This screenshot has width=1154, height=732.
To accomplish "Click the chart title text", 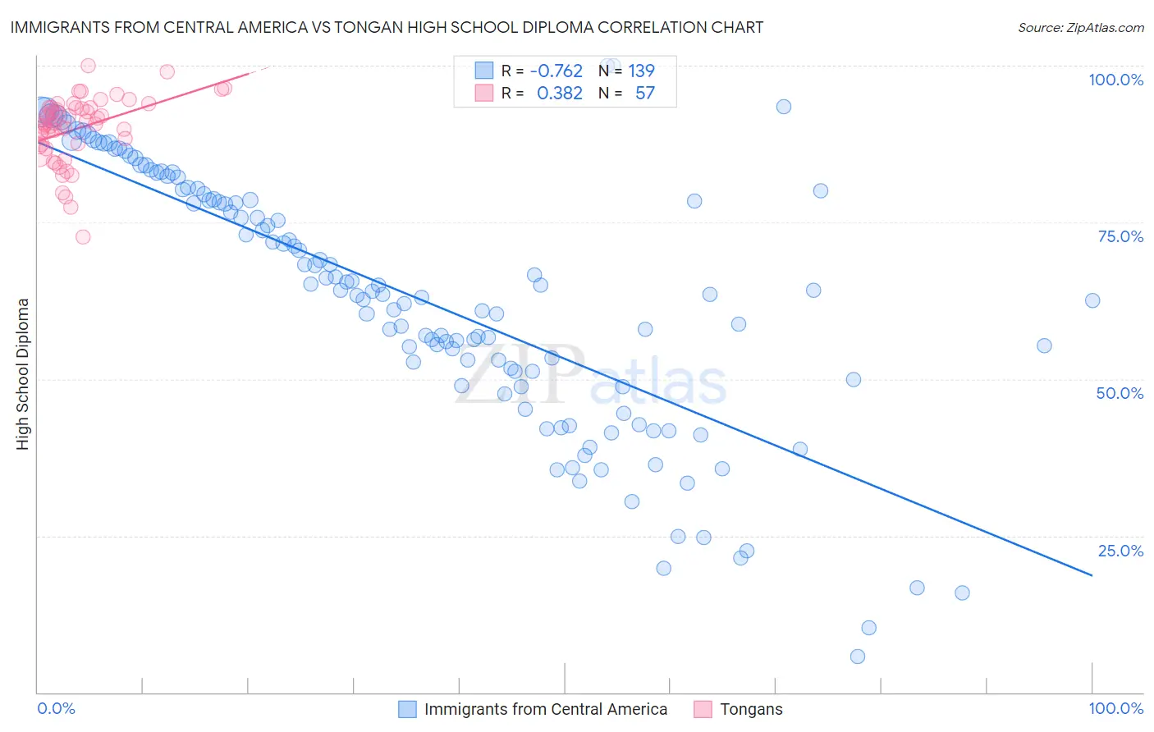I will coord(387,28).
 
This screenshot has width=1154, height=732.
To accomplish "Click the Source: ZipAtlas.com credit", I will coord(1080,28).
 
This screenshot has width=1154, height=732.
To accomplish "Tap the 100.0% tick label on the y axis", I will coord(1115,80).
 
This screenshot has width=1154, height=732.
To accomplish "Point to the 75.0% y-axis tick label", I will coord(1120,236).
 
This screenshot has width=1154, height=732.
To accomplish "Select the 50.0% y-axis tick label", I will coord(1120,393).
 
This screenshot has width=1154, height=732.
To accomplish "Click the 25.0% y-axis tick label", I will coord(1120,551).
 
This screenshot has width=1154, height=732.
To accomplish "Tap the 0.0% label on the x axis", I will coord(57,708).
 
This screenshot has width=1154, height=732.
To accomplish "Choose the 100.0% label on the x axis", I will coord(1115,708).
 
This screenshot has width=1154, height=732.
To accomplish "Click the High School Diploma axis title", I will coord(23,373).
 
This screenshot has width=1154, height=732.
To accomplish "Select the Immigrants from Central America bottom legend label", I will coord(546,709).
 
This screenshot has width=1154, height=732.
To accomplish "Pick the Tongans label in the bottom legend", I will coord(751,709).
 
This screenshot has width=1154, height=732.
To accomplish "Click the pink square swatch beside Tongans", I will coord(703,709).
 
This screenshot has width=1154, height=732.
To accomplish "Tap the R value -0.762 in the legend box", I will coord(556,71).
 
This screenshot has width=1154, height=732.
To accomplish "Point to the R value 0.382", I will coord(560,94).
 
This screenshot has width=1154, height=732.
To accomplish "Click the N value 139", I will coord(641,71).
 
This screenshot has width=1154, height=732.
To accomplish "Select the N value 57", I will coord(645,94).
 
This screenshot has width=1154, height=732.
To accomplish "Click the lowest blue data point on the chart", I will coord(858,657).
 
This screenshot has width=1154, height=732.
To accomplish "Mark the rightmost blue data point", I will coord(1092,300).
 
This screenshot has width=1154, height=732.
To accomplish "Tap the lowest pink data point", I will coord(83,237).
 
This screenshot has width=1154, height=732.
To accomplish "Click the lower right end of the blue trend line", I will coord(1092,575).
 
